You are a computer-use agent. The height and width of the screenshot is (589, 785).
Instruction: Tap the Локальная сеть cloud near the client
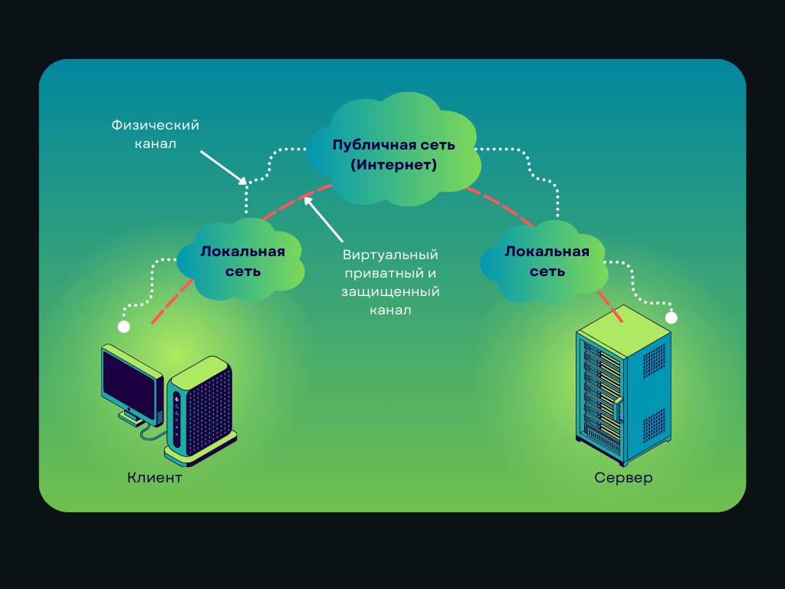[241, 261]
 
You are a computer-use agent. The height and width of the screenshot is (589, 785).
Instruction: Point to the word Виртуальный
[390, 255]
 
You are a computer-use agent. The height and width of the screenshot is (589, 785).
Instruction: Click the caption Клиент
[155, 479]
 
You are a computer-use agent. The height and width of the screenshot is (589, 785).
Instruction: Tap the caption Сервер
[623, 479]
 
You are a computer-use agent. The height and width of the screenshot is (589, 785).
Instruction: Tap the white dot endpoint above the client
[123, 327]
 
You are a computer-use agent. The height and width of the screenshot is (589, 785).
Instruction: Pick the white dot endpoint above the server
[672, 318]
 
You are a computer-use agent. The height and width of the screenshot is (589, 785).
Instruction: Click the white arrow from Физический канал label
[223, 167]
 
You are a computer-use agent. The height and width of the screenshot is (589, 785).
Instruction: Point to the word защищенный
[390, 291]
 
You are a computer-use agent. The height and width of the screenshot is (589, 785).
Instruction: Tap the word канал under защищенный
[390, 310]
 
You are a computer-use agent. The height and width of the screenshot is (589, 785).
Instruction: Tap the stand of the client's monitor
[133, 417]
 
